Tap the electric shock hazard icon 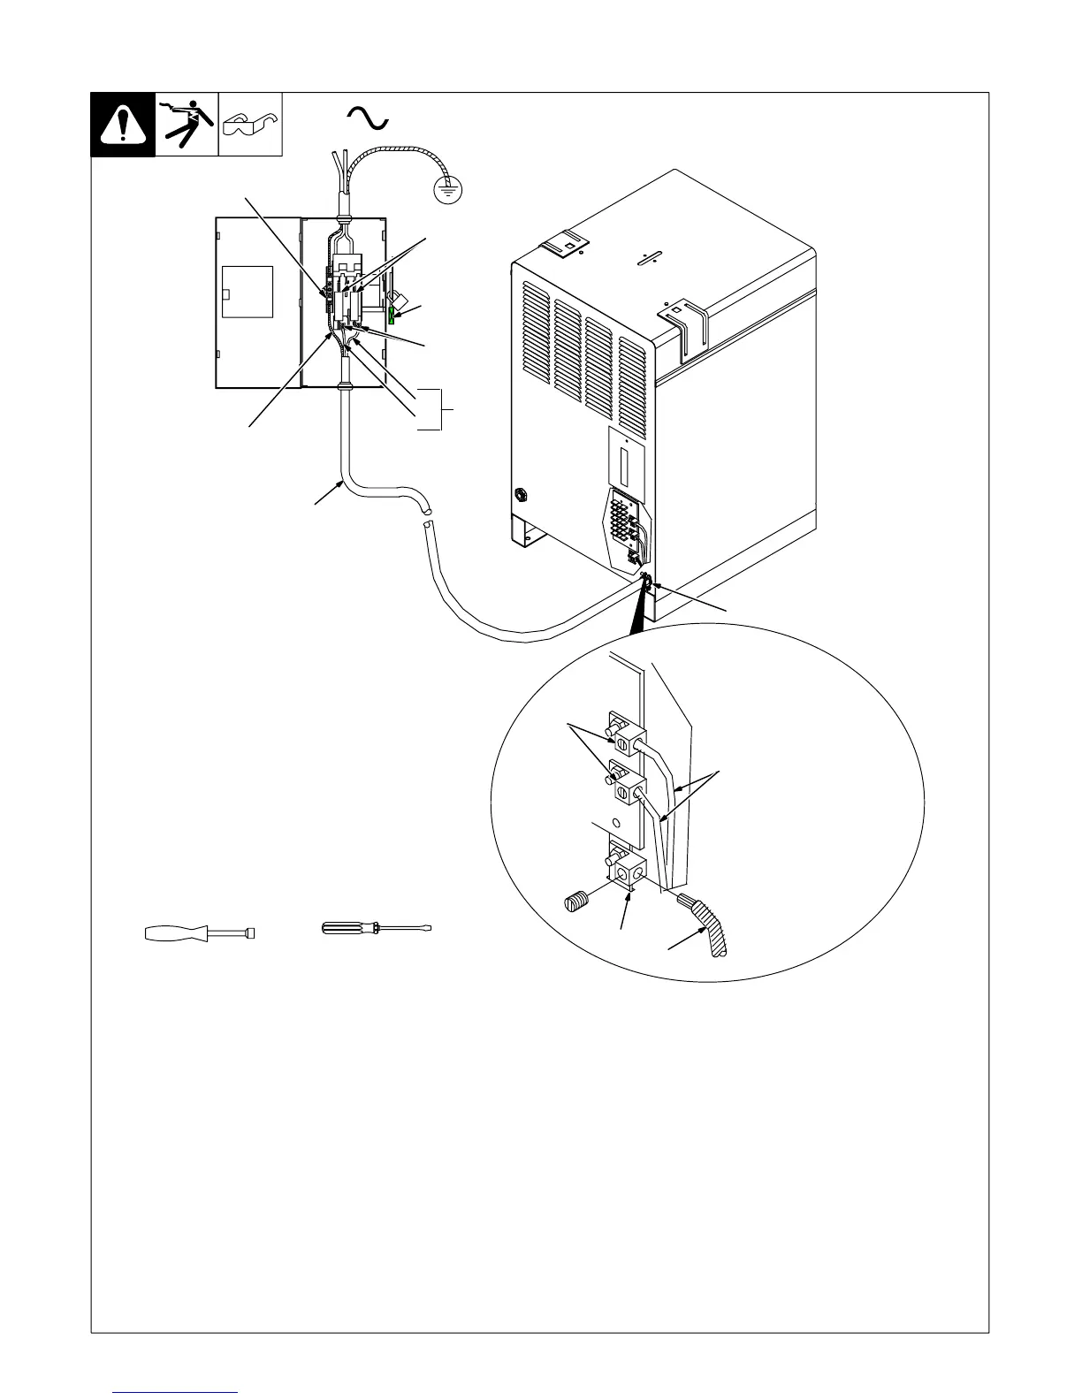(x=187, y=124)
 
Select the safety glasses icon (x=250, y=125)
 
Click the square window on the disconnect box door (x=248, y=292)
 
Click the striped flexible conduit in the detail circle (x=708, y=923)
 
